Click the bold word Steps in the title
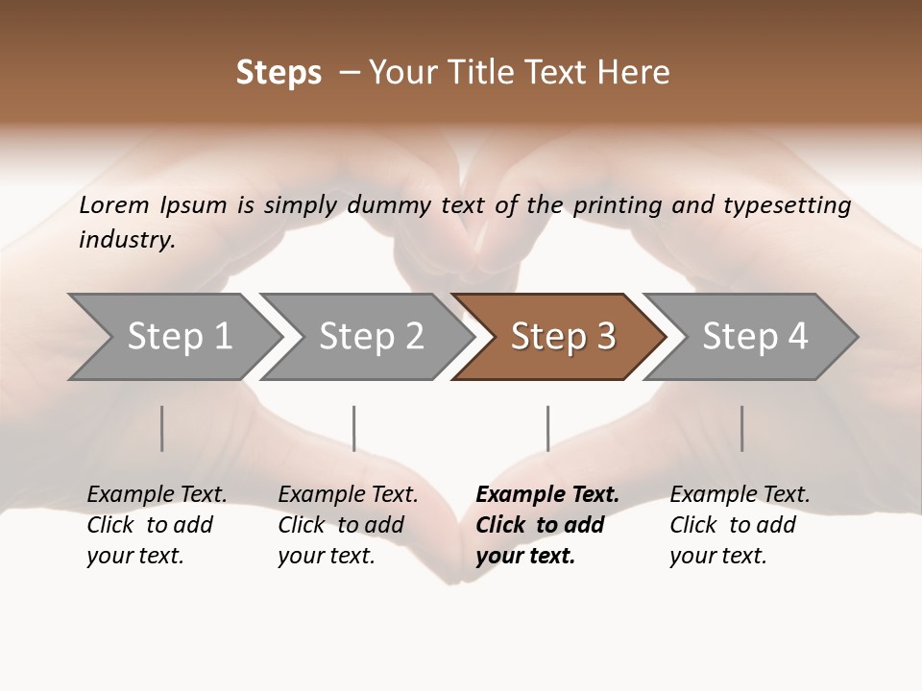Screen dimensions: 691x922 [x=279, y=73]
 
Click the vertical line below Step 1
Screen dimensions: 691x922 [x=162, y=428]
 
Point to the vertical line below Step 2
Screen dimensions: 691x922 [x=354, y=428]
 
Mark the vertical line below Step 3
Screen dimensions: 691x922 [x=548, y=428]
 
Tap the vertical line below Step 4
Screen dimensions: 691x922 [x=742, y=428]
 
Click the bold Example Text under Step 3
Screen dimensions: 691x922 [x=547, y=525]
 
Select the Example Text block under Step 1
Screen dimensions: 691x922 [x=157, y=525]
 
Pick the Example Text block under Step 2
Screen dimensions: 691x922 [x=348, y=525]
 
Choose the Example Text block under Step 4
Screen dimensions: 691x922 [x=740, y=525]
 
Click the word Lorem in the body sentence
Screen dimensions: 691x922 [x=114, y=204]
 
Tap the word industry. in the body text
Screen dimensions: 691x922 [x=127, y=239]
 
